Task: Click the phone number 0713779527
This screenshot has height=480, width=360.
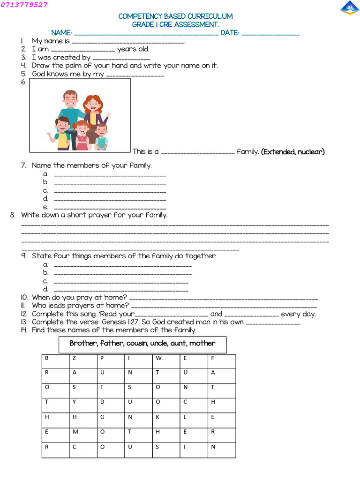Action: [x=24, y=5]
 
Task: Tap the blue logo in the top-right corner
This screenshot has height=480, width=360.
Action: [x=349, y=8]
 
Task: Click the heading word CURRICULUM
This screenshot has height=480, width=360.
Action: [x=210, y=16]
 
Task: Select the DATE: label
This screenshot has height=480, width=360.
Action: [x=230, y=33]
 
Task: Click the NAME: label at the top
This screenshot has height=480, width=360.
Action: [x=61, y=33]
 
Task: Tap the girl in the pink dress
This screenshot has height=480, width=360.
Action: [x=82, y=136]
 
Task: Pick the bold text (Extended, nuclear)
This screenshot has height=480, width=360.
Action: [x=293, y=151]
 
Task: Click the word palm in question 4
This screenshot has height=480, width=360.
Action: [x=72, y=66]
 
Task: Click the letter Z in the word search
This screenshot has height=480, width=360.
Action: [x=74, y=358]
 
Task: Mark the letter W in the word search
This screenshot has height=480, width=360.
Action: [x=158, y=358]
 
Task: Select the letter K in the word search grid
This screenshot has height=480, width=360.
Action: [x=157, y=417]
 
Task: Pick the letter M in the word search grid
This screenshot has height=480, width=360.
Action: [x=75, y=432]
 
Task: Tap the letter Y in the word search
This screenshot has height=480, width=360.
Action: [x=74, y=402]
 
